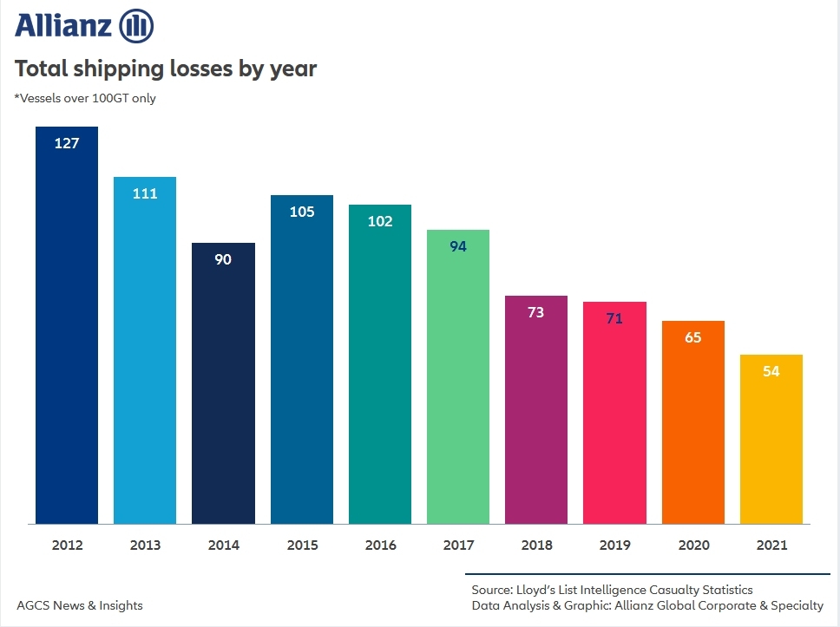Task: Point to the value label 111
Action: coord(145,193)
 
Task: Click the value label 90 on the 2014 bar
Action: coord(223,259)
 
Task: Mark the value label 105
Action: coord(302,212)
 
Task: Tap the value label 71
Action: coord(614,318)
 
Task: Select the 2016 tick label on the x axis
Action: coord(380,545)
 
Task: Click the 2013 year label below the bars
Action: coord(145,545)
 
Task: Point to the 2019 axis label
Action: coord(614,545)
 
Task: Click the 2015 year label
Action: coord(302,545)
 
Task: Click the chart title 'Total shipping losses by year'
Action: coord(166,69)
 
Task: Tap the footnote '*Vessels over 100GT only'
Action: coord(85,98)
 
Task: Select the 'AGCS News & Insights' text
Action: coord(80,605)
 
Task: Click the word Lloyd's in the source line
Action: coord(534,590)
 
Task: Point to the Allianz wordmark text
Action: coord(62,26)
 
